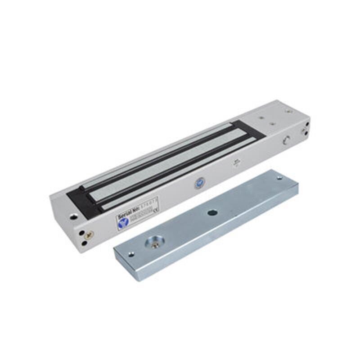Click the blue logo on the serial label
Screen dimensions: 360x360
123,221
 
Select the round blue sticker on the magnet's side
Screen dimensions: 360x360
199,183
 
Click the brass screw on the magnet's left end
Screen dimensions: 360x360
89,234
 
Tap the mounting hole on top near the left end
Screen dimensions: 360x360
73,216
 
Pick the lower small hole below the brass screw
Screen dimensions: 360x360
84,243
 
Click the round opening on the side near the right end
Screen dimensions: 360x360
286,140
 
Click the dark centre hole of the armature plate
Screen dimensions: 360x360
212,212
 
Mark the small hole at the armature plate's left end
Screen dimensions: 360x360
130,254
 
